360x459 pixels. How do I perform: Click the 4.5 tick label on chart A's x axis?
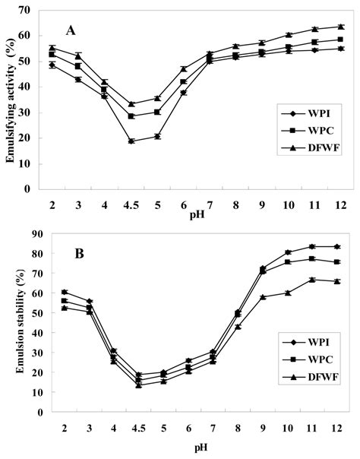[131, 199]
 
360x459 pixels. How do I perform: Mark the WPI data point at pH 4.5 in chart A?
[131, 141]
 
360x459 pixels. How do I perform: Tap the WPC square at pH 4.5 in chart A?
[131, 116]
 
